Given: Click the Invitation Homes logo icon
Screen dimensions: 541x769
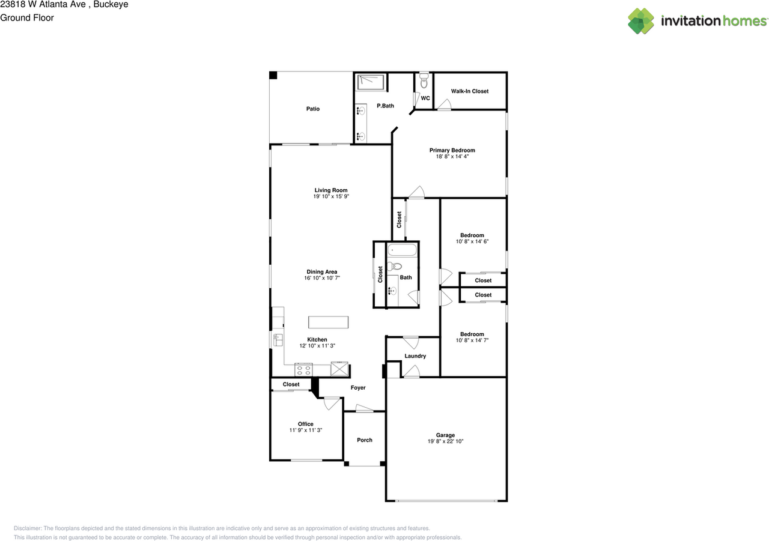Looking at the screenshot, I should (x=641, y=21).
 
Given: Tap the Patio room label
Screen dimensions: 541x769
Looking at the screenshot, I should (x=312, y=109).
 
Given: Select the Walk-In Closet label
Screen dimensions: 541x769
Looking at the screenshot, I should (x=470, y=91).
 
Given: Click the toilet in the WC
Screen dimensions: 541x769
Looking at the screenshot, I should (x=424, y=80).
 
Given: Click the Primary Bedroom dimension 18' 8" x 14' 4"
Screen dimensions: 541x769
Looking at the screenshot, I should (x=452, y=157).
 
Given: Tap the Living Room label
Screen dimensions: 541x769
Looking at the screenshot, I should (x=331, y=190).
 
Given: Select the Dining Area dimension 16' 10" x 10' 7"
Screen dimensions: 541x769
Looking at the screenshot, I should (x=322, y=279).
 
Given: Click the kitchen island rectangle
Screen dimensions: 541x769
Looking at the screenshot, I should (x=328, y=322).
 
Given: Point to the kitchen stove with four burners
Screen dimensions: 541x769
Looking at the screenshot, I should (x=303, y=369).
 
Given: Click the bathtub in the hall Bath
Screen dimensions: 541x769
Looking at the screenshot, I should (x=403, y=250).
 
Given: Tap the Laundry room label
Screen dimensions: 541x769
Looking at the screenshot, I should (x=415, y=356).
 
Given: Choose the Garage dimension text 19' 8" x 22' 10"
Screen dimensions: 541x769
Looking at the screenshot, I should (x=445, y=441).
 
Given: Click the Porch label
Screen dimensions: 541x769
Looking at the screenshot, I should (x=365, y=440).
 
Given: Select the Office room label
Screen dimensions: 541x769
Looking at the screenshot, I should (x=306, y=424).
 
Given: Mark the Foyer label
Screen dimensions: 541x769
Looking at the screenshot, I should (x=358, y=388).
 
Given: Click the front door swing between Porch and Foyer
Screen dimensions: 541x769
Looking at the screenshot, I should (x=364, y=409).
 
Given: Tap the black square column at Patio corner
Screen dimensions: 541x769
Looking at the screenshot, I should (x=273, y=75).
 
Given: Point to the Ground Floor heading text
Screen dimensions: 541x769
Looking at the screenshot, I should (x=27, y=18).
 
